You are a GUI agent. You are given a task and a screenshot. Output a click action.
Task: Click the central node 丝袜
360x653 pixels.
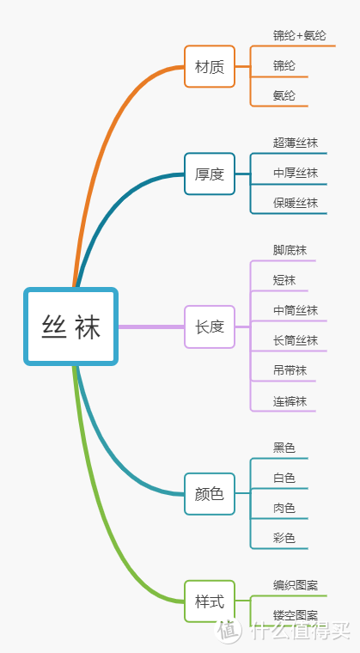(70, 326)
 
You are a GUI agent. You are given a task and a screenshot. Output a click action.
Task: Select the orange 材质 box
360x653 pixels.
(209, 66)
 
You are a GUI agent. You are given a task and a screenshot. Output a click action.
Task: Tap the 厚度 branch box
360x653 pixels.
(209, 174)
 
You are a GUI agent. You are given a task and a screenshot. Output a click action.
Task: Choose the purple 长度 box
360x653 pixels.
(209, 326)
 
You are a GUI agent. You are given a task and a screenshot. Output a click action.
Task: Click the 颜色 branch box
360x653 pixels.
(209, 494)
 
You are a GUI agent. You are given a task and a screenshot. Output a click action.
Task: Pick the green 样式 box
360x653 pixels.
(209, 601)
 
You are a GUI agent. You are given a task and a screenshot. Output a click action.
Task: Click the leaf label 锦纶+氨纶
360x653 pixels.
(300, 35)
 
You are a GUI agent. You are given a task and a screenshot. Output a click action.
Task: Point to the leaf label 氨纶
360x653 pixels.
(284, 95)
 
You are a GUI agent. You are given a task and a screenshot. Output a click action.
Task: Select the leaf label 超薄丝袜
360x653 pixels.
(296, 143)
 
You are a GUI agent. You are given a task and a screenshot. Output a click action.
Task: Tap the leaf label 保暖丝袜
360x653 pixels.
(296, 203)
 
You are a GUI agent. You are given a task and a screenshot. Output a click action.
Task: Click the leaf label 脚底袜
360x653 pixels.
(290, 250)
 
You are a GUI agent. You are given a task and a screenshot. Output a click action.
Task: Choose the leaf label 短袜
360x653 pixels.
(284, 280)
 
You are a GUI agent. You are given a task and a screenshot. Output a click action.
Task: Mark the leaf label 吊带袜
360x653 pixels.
(290, 370)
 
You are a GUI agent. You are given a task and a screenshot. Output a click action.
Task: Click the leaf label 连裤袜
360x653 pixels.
(290, 400)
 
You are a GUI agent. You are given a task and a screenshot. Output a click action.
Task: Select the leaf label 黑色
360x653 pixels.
(284, 448)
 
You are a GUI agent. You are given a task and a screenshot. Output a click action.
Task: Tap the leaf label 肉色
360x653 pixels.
(284, 508)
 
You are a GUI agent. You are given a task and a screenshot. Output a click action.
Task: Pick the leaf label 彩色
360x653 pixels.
(284, 538)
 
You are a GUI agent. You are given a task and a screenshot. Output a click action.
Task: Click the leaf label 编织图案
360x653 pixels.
(296, 585)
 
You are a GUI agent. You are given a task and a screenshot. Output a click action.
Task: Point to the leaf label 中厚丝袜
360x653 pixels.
(296, 173)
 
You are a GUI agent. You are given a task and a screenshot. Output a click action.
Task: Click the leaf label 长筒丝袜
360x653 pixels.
(296, 340)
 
